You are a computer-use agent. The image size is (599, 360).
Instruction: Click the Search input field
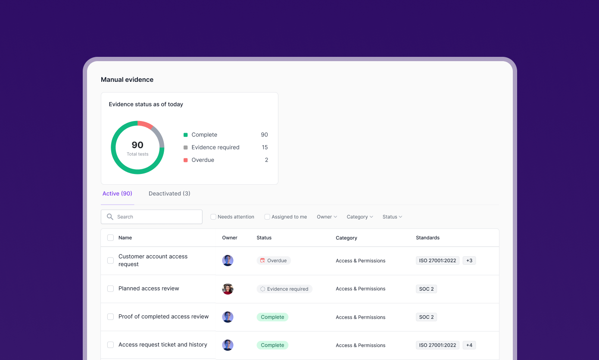coord(151,217)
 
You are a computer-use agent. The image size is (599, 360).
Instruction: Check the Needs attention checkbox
coord(213,217)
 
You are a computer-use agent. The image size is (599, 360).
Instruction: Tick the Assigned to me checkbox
coord(267,217)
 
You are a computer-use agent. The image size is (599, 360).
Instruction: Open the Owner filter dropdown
coord(327,217)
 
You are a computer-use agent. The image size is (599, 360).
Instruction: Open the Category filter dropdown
coord(360,217)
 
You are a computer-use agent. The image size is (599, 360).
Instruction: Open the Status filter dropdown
coord(392,217)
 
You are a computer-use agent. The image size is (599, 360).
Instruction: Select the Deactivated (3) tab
coord(169,193)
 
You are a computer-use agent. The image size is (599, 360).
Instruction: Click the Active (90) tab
coord(117,193)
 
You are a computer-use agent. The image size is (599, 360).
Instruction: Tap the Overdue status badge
coord(274,261)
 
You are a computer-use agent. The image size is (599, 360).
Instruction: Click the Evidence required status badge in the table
coord(284,289)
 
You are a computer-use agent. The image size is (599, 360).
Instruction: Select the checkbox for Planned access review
coord(110,289)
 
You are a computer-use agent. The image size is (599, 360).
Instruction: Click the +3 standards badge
coord(469,261)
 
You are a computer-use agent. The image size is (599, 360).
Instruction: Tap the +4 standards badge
coord(469,345)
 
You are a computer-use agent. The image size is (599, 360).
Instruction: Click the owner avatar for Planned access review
coord(228,289)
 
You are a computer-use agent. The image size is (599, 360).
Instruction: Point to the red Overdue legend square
coord(186,160)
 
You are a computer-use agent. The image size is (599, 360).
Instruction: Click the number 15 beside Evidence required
coord(265,147)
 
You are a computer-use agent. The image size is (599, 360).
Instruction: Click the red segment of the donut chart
coord(145,124)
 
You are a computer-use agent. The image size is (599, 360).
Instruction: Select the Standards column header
coord(427,238)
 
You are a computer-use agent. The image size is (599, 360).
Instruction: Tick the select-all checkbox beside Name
coord(110,238)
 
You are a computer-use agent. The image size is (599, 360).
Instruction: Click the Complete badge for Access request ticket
coord(272,345)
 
